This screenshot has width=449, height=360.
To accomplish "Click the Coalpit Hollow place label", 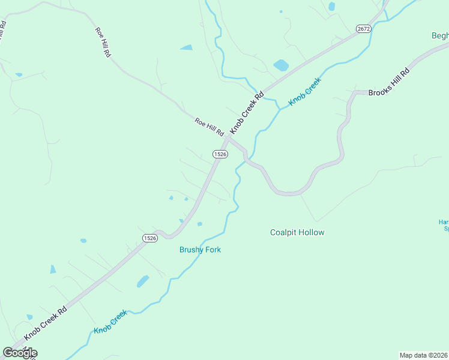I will [x=297, y=232].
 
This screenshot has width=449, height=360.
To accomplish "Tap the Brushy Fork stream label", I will [x=200, y=250].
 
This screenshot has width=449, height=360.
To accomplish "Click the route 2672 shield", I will [x=363, y=28].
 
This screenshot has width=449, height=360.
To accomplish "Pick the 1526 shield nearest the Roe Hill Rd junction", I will [x=220, y=154].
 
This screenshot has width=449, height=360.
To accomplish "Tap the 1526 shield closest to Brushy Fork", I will [x=150, y=238].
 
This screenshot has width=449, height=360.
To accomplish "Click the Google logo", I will [x=20, y=353].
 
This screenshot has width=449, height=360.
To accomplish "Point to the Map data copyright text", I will [x=424, y=355].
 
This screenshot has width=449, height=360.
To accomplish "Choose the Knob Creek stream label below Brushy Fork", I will [x=110, y=322].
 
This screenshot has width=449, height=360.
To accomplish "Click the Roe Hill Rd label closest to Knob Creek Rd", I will [x=209, y=126].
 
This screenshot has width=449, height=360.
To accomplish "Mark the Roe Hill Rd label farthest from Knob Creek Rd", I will [x=103, y=42].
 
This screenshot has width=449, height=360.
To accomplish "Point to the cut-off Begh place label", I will [x=439, y=35].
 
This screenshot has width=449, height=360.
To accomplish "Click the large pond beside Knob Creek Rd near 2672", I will [x=280, y=64].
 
